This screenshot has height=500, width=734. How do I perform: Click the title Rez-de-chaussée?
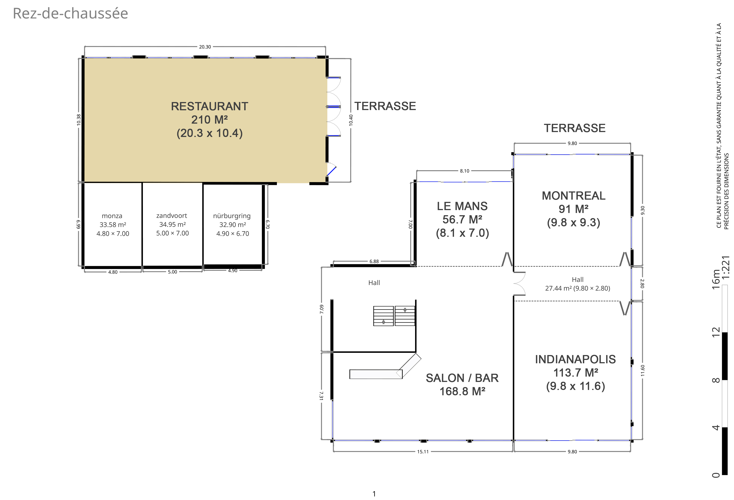point(70,13)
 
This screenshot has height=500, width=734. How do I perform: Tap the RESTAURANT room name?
point(209,106)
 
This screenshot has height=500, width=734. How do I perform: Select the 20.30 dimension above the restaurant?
point(205,47)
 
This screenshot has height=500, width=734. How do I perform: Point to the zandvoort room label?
point(172,216)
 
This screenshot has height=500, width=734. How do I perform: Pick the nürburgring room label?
point(232,216)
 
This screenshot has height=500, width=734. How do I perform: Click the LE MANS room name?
point(462,206)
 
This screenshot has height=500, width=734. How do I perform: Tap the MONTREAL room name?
point(574,196)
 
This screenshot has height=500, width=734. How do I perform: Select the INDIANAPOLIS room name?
point(575,359)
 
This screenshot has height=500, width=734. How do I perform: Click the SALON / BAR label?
point(462,378)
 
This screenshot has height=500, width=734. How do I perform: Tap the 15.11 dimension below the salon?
point(423,452)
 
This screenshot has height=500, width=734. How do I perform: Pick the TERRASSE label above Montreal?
point(574,128)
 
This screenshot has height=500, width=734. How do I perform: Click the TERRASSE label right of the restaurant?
point(385,106)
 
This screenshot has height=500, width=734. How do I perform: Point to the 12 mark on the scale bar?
point(716,332)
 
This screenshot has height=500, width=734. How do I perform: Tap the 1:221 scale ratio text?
point(726,267)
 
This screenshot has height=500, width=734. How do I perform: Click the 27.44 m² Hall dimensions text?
point(577,288)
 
